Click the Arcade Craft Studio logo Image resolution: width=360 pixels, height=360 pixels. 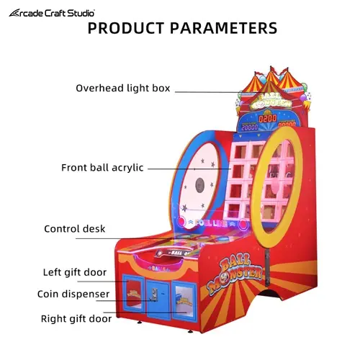[x=52, y=13]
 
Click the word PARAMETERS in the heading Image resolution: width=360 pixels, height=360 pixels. [x=223, y=28]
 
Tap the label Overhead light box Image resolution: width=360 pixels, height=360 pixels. [x=123, y=88]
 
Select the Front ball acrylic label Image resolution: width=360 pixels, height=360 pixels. [x=102, y=168]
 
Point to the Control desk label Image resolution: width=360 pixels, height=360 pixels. [x=75, y=229]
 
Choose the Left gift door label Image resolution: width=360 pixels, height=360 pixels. [x=75, y=272]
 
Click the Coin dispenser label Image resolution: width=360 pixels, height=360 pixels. [x=73, y=294]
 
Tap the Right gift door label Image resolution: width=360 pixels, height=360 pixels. [x=76, y=319]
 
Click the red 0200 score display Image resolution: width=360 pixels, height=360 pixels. [x=268, y=119]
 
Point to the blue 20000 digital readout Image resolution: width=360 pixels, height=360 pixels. [x=250, y=127]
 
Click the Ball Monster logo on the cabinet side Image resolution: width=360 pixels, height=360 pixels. [x=235, y=273]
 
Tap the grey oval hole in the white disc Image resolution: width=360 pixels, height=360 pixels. [x=199, y=185]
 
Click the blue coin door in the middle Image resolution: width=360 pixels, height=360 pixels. [x=158, y=299]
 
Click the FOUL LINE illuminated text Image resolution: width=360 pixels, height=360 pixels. [x=211, y=223]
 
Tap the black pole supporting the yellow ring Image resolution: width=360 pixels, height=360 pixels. [x=267, y=266]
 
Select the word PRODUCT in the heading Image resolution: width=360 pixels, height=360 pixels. [x=126, y=28]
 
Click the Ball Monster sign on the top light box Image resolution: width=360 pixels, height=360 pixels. [x=271, y=101]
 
